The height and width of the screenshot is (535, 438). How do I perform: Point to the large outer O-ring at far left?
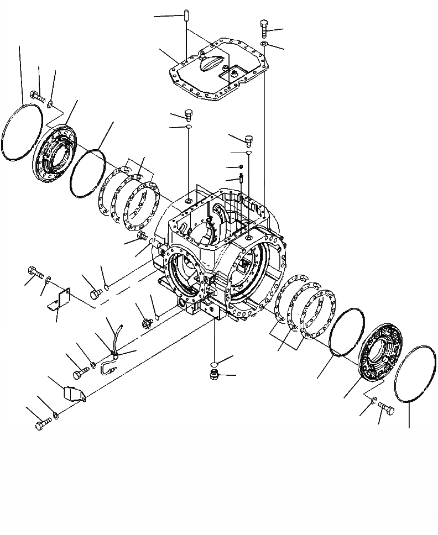coord(22,133)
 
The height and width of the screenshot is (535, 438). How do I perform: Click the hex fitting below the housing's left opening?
coord(147,323)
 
